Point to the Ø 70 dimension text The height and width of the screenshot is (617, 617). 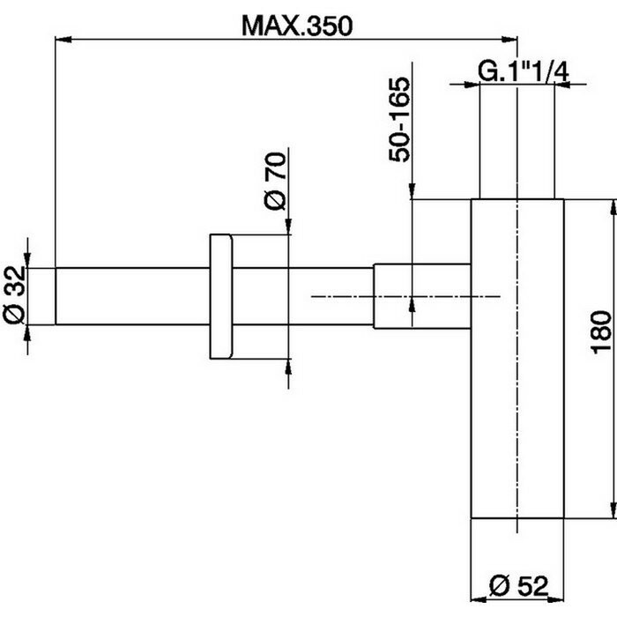tap(275, 181)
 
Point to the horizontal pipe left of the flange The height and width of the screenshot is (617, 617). tap(132, 296)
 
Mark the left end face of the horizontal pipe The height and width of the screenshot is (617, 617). tap(57, 296)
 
